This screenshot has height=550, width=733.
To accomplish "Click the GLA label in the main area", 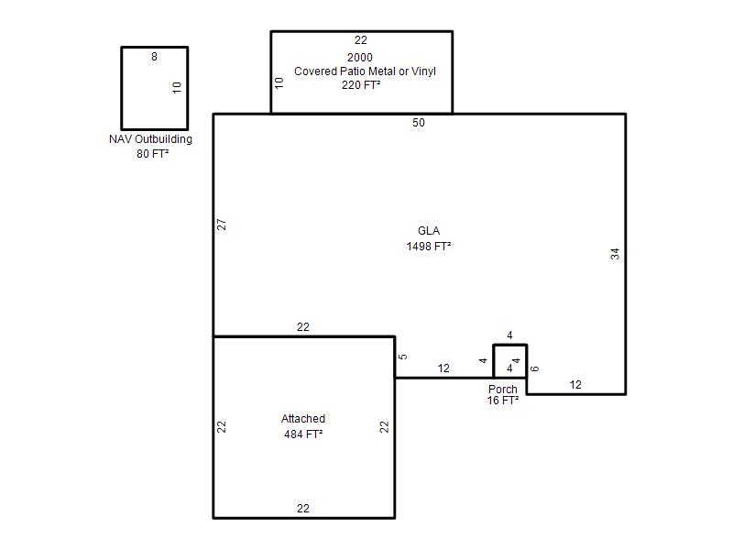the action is [429, 231].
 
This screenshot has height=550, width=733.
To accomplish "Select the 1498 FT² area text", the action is [429, 246].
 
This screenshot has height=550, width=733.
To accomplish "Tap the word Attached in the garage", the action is [303, 419].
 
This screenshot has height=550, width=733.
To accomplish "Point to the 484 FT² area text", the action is [303, 434].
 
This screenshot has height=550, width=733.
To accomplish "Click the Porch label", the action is [502, 389].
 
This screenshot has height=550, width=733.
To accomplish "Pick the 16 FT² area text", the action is [502, 401].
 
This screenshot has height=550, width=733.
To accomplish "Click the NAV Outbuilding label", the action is [150, 139].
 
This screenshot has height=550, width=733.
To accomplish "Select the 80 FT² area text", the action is [152, 153].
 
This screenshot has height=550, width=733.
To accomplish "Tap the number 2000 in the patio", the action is [360, 58].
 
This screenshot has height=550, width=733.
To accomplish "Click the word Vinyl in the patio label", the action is [423, 71].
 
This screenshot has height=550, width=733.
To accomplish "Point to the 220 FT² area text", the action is [360, 84].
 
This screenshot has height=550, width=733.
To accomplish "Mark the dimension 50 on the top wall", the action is [419, 123].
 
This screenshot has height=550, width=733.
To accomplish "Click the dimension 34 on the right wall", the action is [615, 254].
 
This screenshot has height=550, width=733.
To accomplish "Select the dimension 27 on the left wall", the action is [222, 225].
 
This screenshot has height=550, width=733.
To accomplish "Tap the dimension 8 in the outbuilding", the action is [154, 57].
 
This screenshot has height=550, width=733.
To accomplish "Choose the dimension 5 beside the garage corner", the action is [402, 357].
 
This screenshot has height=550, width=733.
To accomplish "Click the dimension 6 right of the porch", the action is [535, 368].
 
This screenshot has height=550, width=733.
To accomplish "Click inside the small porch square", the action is [510, 361].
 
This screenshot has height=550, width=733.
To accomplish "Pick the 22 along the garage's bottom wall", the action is [303, 509].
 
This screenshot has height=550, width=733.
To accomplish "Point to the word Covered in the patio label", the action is [315, 71].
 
